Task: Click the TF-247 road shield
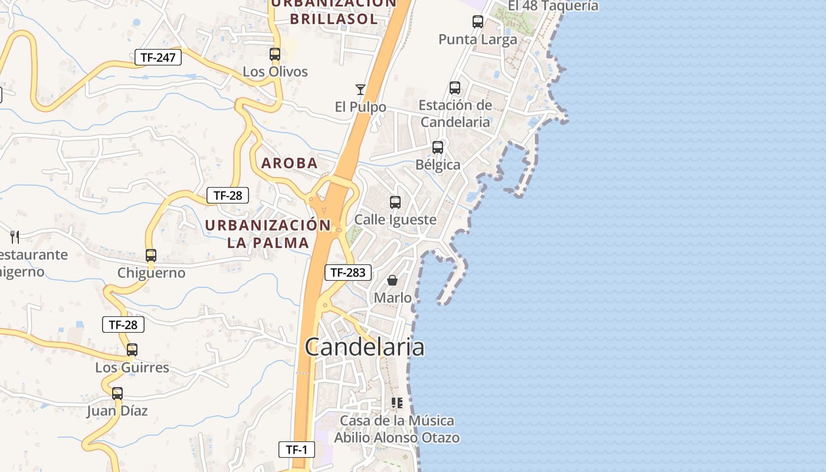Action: click(158, 57)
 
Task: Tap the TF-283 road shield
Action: click(348, 272)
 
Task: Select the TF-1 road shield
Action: click(297, 450)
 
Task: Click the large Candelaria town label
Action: click(365, 347)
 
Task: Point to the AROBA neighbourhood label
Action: click(290, 163)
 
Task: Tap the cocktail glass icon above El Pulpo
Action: click(360, 90)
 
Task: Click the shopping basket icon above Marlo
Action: click(392, 280)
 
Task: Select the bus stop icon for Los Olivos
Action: click(275, 54)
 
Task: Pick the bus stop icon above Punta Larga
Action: click(478, 22)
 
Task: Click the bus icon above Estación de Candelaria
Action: click(455, 88)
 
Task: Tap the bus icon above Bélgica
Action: click(438, 147)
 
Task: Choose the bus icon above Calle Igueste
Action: click(395, 202)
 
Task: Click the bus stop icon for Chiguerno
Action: click(151, 255)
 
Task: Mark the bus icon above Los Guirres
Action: click(132, 350)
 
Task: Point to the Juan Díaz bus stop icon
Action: click(117, 394)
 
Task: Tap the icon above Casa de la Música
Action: click(397, 403)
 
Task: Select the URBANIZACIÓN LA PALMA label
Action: click(268, 234)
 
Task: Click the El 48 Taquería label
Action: click(553, 6)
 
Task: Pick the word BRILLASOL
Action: click(333, 19)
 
